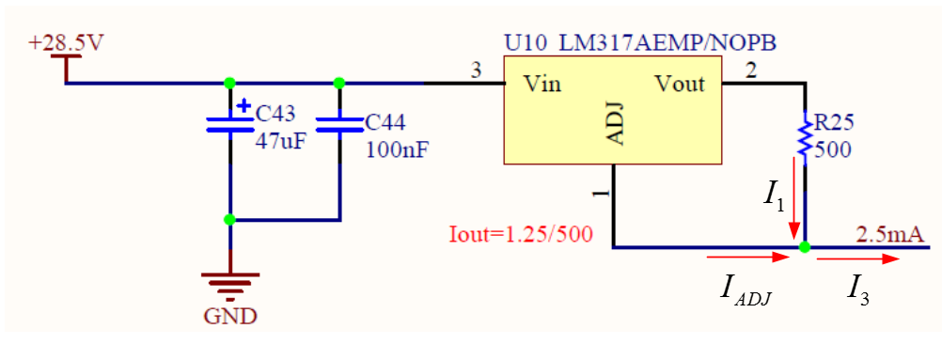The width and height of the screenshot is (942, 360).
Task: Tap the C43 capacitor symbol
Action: tap(229, 125)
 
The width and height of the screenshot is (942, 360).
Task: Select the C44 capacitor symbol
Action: tap(338, 124)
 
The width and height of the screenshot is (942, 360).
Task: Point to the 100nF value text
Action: tap(396, 149)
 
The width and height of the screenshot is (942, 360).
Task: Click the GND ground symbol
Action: tap(229, 281)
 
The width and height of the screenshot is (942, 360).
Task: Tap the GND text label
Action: tap(229, 316)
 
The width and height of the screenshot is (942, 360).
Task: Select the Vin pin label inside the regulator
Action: tap(542, 85)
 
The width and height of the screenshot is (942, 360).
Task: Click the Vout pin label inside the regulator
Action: tap(679, 85)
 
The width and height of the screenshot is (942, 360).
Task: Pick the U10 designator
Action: tap(525, 44)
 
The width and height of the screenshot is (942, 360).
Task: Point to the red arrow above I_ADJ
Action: tap(748, 255)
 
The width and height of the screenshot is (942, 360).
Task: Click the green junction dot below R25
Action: tap(805, 247)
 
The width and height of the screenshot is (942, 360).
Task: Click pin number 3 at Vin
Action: tap(476, 70)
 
